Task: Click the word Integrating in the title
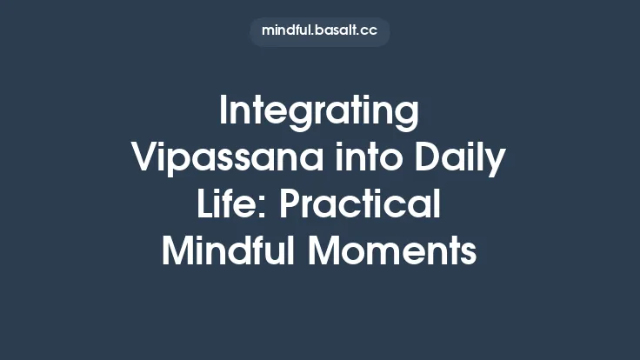[x=319, y=113]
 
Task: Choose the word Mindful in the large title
[x=223, y=251]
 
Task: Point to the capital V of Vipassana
[x=143, y=159]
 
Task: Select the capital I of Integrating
[x=224, y=113]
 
